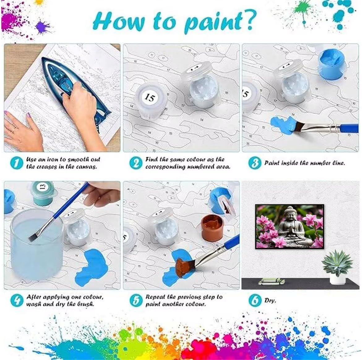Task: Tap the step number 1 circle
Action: click(x=17, y=163)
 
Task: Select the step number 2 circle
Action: click(x=136, y=163)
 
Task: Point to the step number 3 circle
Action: click(x=255, y=163)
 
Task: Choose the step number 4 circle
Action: click(x=17, y=300)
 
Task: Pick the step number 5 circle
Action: click(x=136, y=300)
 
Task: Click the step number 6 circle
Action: click(x=255, y=300)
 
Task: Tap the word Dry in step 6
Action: click(x=270, y=300)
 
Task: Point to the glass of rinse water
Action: click(x=37, y=245)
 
